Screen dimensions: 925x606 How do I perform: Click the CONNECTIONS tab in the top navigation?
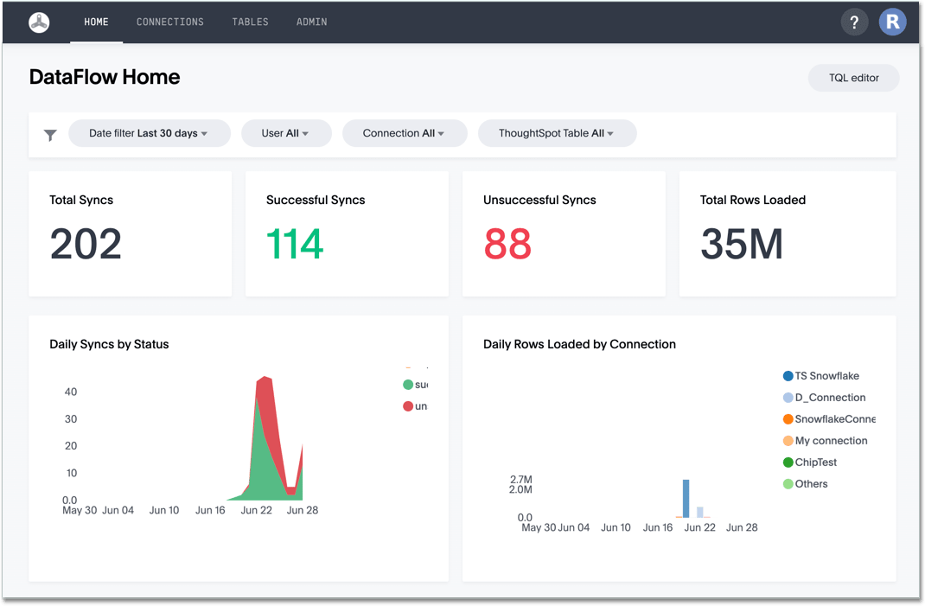pos(170,22)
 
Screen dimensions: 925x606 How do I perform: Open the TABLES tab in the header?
pos(250,22)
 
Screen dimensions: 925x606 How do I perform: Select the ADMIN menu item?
pos(311,22)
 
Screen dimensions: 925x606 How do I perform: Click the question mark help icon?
pos(854,22)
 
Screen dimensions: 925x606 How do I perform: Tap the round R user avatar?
pos(892,22)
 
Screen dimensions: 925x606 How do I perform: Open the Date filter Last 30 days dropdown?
pos(149,133)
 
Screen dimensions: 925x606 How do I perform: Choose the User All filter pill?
pos(285,133)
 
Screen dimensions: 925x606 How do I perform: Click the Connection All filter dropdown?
pos(404,133)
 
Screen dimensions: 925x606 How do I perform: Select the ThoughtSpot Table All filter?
pos(556,133)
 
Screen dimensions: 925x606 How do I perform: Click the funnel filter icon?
pos(50,135)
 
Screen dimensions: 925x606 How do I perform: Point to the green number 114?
pos(295,244)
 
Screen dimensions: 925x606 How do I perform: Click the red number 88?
pos(507,244)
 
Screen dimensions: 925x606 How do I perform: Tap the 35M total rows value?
pos(742,244)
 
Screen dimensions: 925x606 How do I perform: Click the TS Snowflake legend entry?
pos(826,376)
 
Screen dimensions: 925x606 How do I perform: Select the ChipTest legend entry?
pos(814,462)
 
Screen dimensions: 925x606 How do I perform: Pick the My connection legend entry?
pos(830,441)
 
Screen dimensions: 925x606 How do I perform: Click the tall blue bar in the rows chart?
pos(686,499)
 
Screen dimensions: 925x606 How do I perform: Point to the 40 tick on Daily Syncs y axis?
pos(70,392)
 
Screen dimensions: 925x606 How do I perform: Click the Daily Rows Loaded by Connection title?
pos(579,344)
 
